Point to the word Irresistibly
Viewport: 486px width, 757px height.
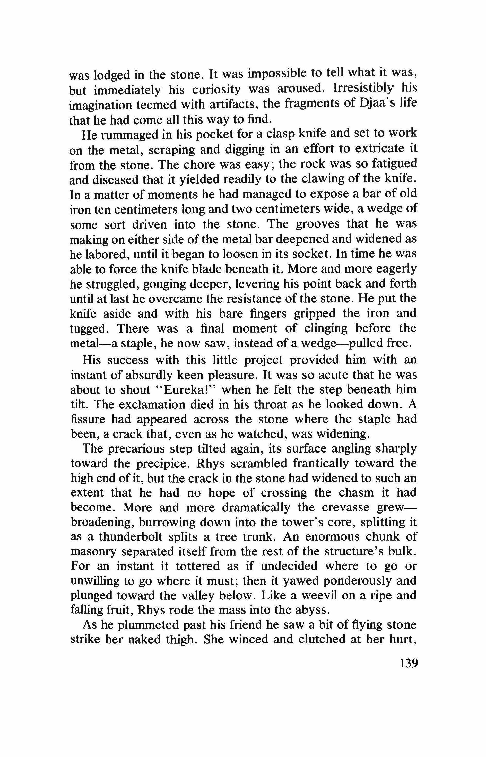point(363,89)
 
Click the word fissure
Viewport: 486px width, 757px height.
point(88,419)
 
